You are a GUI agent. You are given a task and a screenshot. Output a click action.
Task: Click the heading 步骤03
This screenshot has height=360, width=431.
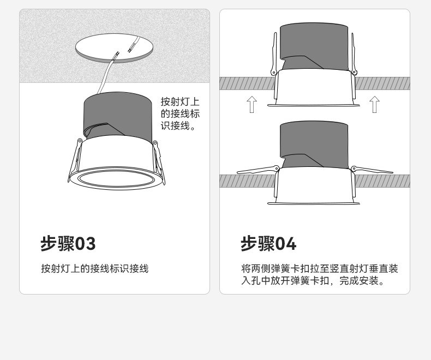pyautogui.click(x=68, y=243)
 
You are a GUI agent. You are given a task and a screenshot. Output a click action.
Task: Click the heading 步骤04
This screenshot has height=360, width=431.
pyautogui.click(x=268, y=243)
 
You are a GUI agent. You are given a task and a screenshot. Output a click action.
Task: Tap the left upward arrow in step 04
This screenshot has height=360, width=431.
pyautogui.click(x=252, y=104)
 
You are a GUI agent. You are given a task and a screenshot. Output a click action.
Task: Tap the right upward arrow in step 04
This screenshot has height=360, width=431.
pyautogui.click(x=374, y=104)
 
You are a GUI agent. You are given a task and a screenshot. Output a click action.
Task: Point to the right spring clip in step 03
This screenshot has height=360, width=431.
pyautogui.click(x=159, y=162)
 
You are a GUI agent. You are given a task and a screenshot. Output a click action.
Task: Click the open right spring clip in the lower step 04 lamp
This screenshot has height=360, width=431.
pyautogui.click(x=372, y=170)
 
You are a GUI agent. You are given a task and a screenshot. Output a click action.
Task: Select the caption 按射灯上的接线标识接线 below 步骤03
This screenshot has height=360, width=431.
pyautogui.click(x=95, y=268)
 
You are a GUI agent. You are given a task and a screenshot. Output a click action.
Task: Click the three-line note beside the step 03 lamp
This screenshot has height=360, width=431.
pyautogui.click(x=180, y=113)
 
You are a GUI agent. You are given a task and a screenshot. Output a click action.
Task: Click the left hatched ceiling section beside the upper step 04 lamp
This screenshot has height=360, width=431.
pyautogui.click(x=247, y=83)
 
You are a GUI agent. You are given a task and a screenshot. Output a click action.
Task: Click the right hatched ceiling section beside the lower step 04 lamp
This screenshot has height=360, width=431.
pyautogui.click(x=382, y=181)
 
